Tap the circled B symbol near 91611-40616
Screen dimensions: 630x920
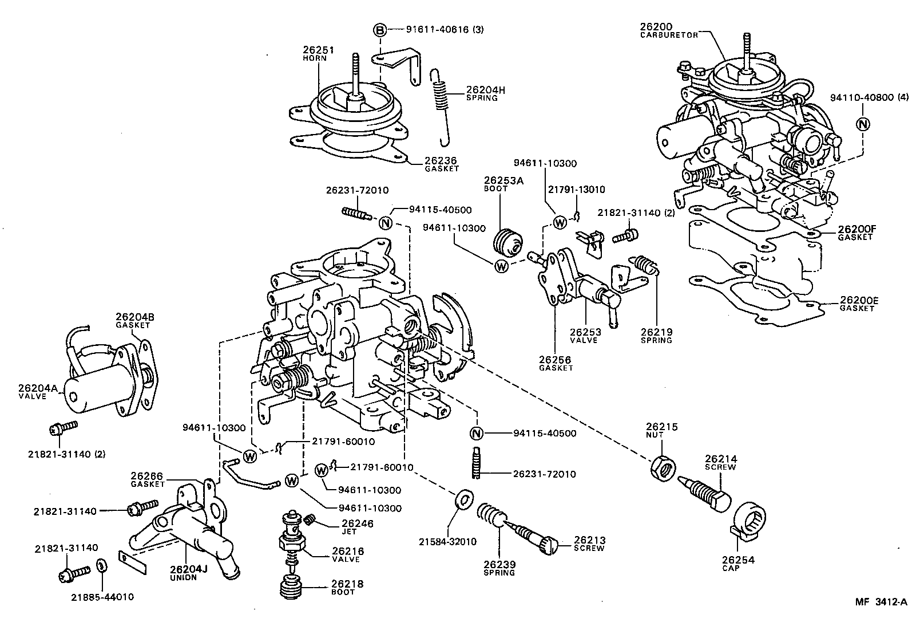click(379, 29)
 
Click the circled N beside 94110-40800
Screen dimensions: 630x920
click(863, 124)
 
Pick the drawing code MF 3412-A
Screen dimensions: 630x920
click(881, 602)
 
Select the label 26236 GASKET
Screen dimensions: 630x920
click(442, 164)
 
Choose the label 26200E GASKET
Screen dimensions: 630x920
click(858, 304)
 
